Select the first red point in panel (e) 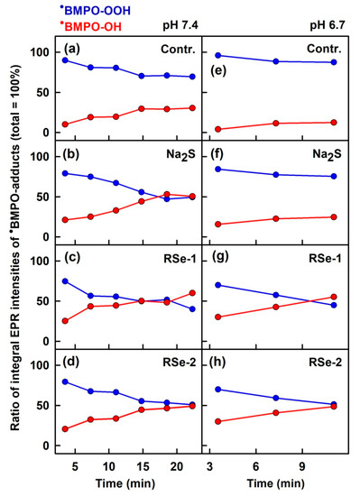click(217, 129)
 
